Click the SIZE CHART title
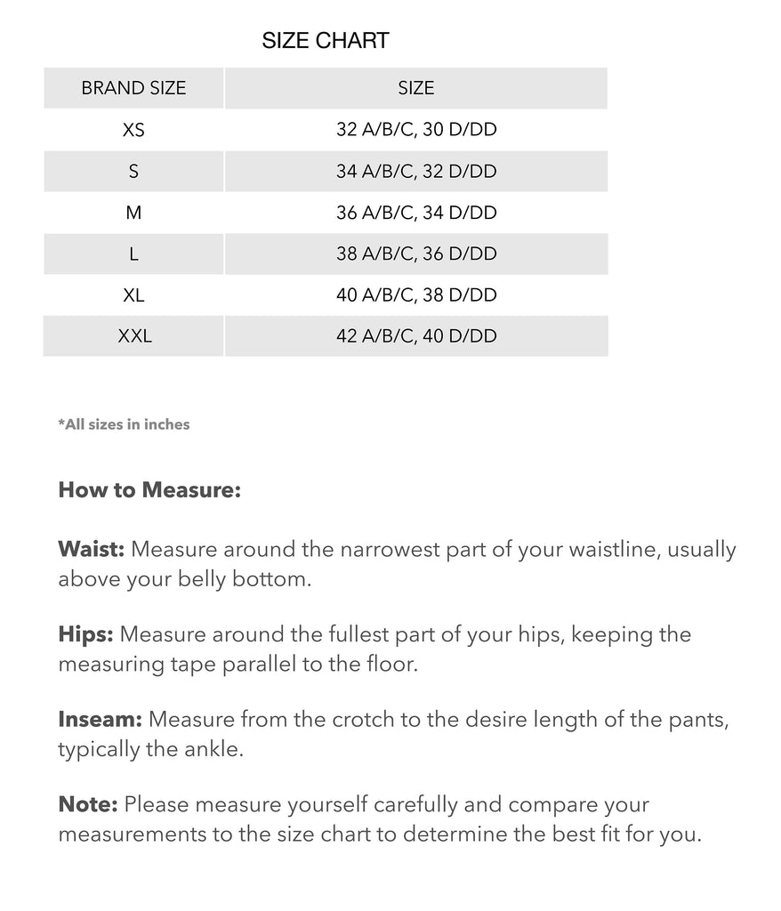[x=326, y=41]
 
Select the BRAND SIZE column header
[x=133, y=88]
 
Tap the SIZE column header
[x=416, y=88]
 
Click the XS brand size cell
[x=133, y=130]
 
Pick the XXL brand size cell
[x=134, y=336]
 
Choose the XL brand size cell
[x=133, y=295]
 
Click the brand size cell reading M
[x=133, y=213]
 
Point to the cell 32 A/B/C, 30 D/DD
[x=416, y=130]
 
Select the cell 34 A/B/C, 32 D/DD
[x=416, y=171]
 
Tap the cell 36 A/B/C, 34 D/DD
[x=416, y=213]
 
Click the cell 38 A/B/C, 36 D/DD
[x=416, y=254]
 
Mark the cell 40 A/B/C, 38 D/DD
[x=416, y=295]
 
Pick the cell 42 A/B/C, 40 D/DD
[x=416, y=336]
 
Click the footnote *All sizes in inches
[x=124, y=424]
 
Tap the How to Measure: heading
[x=149, y=490]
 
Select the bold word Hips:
[x=85, y=634]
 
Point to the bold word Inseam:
[x=100, y=719]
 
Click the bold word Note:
[x=87, y=804]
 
